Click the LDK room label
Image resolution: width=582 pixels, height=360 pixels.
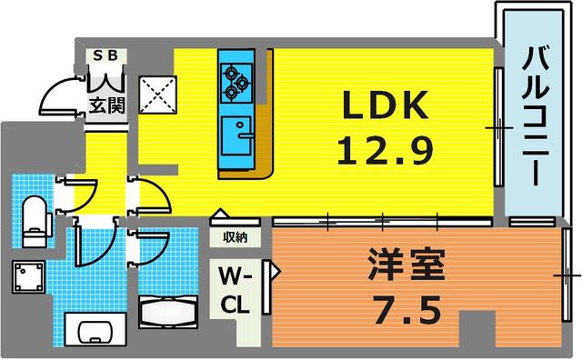pyautogui.click(x=384, y=106)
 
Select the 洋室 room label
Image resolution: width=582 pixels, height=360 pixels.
pyautogui.click(x=406, y=270)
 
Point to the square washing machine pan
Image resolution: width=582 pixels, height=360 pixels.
pyautogui.click(x=27, y=277)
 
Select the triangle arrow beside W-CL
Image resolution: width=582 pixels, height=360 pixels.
pyautogui.click(x=276, y=269)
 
